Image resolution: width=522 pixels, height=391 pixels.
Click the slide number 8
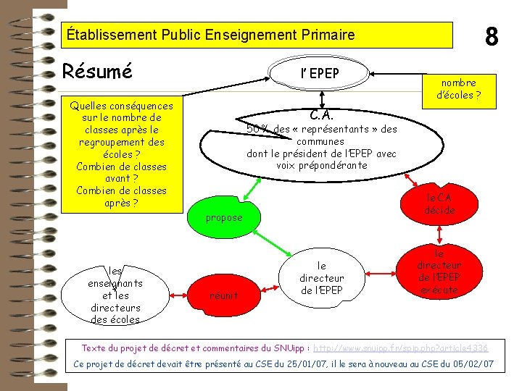pos(492,35)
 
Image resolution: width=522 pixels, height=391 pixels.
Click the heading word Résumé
pos(98,72)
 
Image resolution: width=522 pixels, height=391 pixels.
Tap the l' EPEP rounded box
pos(320,73)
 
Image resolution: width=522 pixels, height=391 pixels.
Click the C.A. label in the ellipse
pos(321,115)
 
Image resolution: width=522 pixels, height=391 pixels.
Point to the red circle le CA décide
pos(439,203)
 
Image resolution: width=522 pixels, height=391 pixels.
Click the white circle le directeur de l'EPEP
pos(321,278)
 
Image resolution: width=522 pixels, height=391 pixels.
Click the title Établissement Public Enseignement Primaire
pos(210,34)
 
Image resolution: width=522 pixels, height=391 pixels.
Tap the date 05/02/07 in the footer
pos(473,363)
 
